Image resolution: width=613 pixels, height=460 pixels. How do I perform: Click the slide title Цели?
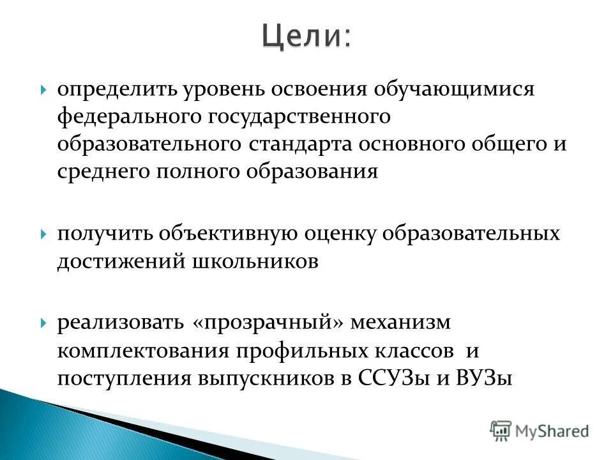pyautogui.click(x=306, y=36)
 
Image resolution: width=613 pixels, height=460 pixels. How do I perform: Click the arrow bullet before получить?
pyautogui.click(x=43, y=234)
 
